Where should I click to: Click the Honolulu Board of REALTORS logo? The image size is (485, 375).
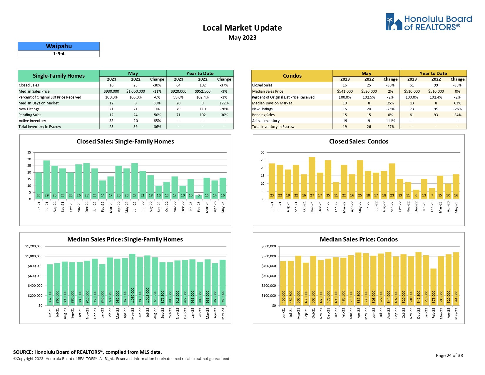429,22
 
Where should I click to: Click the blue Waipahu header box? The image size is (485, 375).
59,46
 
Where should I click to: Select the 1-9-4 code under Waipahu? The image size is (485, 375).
59,54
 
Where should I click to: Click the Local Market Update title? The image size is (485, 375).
242,28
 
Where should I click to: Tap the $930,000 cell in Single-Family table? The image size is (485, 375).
111,91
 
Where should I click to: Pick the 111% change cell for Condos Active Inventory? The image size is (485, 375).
390,121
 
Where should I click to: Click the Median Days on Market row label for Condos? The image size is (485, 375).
272,103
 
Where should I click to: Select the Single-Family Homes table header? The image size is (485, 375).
59,76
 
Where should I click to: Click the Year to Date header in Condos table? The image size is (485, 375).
433,74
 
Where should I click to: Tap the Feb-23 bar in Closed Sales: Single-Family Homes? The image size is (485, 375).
199,197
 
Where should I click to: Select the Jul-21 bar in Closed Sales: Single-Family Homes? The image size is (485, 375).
46,179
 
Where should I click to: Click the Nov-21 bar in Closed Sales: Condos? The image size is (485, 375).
312,178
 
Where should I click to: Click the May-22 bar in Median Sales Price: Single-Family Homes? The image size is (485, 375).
133,279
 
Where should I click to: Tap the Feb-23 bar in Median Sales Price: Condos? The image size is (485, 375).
434,287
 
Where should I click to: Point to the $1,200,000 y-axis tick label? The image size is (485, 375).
34,246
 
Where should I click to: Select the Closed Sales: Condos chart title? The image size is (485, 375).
359,141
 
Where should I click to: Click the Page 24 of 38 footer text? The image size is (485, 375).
449,356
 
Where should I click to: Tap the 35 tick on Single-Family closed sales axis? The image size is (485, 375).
29,152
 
